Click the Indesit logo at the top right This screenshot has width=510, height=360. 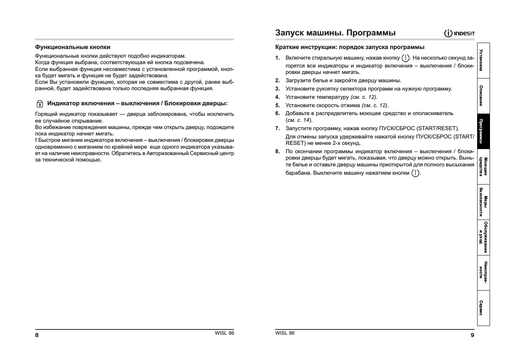click(x=459, y=34)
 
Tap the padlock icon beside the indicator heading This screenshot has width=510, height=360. click(x=40, y=104)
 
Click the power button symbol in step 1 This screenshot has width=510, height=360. click(x=405, y=58)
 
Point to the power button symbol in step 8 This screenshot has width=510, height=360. click(x=415, y=173)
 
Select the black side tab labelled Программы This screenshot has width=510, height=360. click(x=483, y=131)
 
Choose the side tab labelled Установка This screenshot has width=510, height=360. click(x=483, y=60)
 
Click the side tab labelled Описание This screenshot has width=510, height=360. click(x=483, y=96)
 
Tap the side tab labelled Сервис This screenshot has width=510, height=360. click(x=483, y=308)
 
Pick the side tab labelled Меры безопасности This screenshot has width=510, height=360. click(x=483, y=202)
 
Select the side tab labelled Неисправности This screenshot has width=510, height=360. click(x=483, y=272)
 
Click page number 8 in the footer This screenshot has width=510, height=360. click(x=37, y=335)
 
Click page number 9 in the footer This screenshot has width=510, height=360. click(x=472, y=335)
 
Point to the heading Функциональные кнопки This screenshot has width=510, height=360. click(x=72, y=47)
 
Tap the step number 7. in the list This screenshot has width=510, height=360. click(x=277, y=128)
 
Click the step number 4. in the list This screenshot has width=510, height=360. click(x=277, y=97)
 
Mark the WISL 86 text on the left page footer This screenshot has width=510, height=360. click(x=224, y=333)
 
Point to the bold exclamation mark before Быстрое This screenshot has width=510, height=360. click(x=36, y=140)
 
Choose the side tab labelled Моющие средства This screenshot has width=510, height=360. click(x=483, y=166)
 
